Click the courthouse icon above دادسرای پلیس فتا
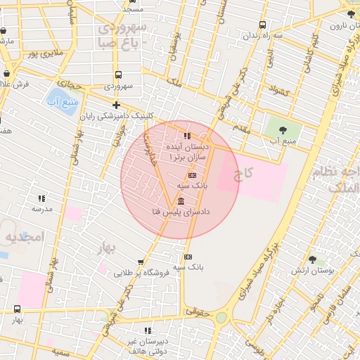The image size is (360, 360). coord(182,201)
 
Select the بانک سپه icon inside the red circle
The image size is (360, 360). coord(193,174)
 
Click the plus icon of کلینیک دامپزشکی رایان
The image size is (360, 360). coord(117,105)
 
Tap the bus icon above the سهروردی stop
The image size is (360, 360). coord(117,75)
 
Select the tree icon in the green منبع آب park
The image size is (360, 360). coord(283,129)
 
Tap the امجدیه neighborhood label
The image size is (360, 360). coord(25,238)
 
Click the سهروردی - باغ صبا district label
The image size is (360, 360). coord(122,34)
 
